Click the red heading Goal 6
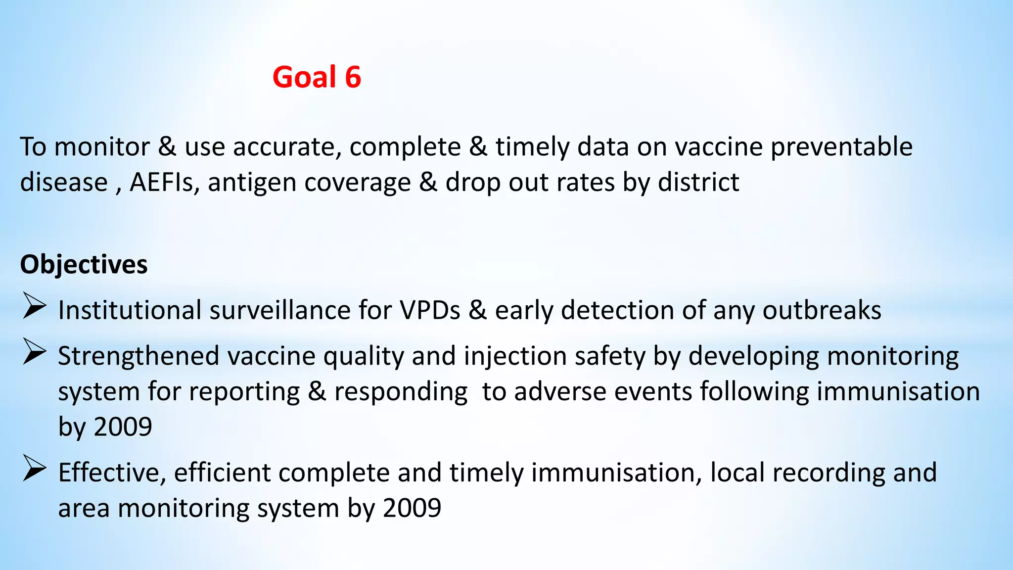point(317,77)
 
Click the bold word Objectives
point(84,264)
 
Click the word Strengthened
point(138,356)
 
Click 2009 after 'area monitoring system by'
point(412,508)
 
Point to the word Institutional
point(130,310)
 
